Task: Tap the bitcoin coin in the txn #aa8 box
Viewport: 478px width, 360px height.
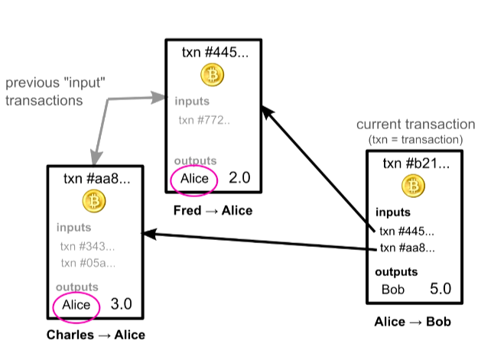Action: click(x=95, y=201)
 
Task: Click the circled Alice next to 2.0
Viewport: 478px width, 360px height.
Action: click(x=194, y=178)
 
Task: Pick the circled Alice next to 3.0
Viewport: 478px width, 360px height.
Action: click(x=76, y=305)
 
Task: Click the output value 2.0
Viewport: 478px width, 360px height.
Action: click(x=240, y=178)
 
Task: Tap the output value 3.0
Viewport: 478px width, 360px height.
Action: click(x=122, y=305)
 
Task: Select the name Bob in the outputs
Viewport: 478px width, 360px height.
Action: click(x=393, y=290)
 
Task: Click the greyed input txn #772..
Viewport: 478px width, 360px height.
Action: click(x=204, y=120)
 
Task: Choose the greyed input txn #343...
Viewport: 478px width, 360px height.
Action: click(x=88, y=246)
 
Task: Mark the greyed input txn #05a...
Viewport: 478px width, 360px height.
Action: click(x=88, y=263)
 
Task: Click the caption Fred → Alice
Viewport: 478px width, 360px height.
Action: click(x=213, y=210)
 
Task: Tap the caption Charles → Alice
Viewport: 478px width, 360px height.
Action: click(x=96, y=335)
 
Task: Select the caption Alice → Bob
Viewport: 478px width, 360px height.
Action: click(x=413, y=322)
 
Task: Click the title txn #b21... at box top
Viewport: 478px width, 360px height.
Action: click(x=413, y=164)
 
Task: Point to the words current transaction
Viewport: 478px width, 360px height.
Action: click(x=416, y=124)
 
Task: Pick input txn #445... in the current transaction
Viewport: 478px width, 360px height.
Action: click(x=408, y=231)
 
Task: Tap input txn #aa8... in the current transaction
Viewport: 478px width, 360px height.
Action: click(x=408, y=248)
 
